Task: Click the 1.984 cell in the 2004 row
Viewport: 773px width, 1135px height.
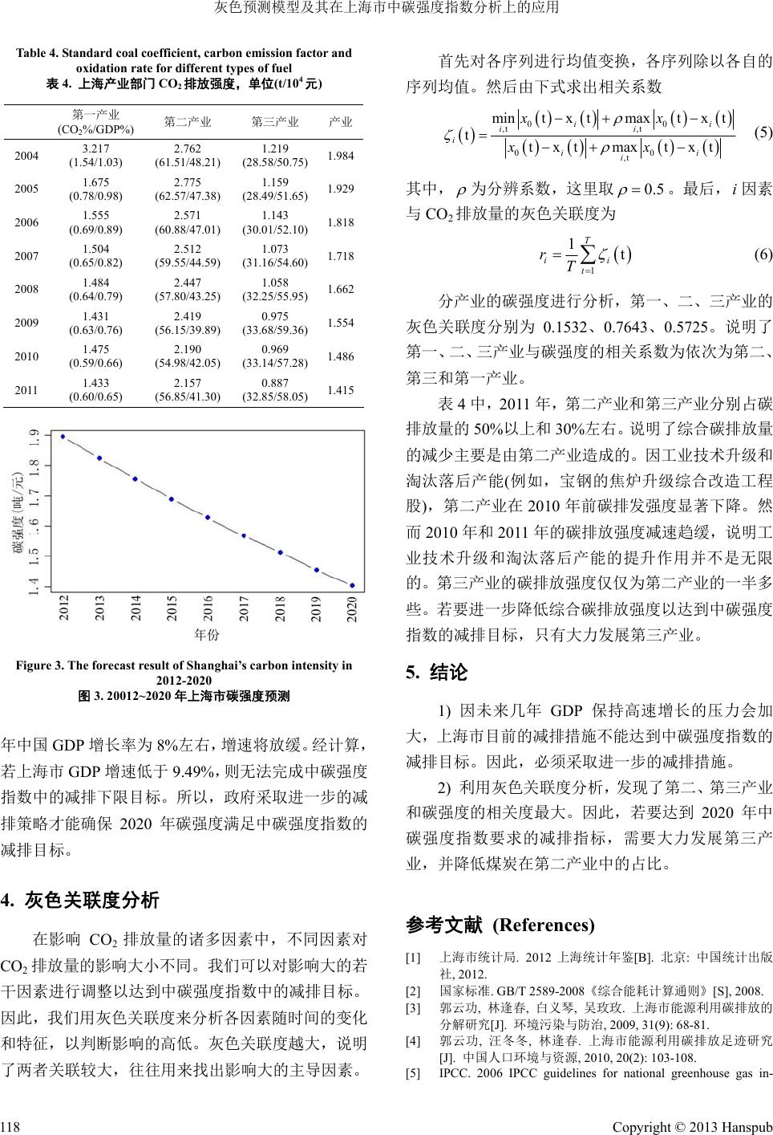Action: (341, 155)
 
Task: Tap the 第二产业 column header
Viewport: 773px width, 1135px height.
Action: (188, 122)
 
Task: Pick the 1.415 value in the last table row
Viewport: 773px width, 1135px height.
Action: (341, 390)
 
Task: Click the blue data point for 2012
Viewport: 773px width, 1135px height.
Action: (63, 437)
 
